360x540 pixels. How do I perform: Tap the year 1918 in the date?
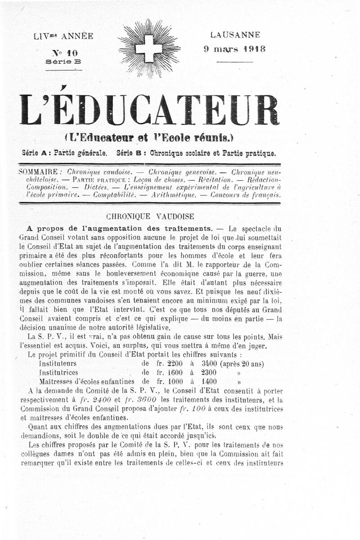(254, 49)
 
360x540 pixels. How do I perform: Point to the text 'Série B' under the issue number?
(63, 62)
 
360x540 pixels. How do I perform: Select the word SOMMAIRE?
(38, 172)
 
